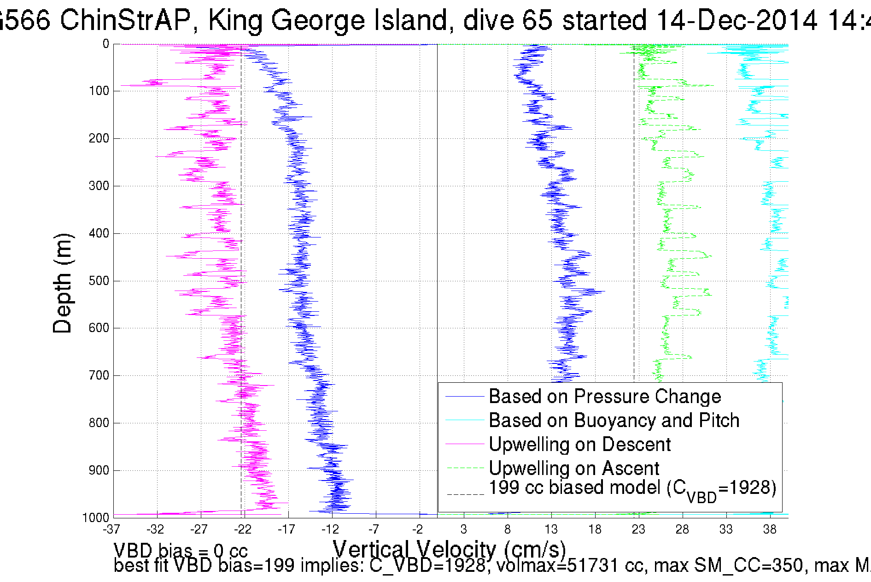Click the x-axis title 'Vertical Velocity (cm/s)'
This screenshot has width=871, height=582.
point(449,549)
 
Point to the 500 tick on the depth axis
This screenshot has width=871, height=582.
point(99,281)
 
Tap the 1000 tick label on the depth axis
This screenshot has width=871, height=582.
point(96,517)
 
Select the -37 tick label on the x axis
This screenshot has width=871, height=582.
point(111,529)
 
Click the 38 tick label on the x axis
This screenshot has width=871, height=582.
point(770,529)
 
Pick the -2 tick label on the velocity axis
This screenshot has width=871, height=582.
point(418,529)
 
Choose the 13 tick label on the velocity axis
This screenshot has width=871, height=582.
point(551,529)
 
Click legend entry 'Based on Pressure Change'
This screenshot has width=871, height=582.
point(604,396)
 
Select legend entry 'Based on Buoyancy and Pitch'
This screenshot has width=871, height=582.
point(614,420)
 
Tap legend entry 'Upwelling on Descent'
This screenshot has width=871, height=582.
point(579,444)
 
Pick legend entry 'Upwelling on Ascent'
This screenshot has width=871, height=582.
point(574,468)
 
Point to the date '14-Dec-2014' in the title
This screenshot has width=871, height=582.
point(737,20)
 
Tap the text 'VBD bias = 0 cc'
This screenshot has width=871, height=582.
point(181,551)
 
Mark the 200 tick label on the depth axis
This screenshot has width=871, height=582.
point(99,138)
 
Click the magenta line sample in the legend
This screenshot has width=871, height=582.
point(465,444)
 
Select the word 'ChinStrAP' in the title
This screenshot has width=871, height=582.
point(125,20)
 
